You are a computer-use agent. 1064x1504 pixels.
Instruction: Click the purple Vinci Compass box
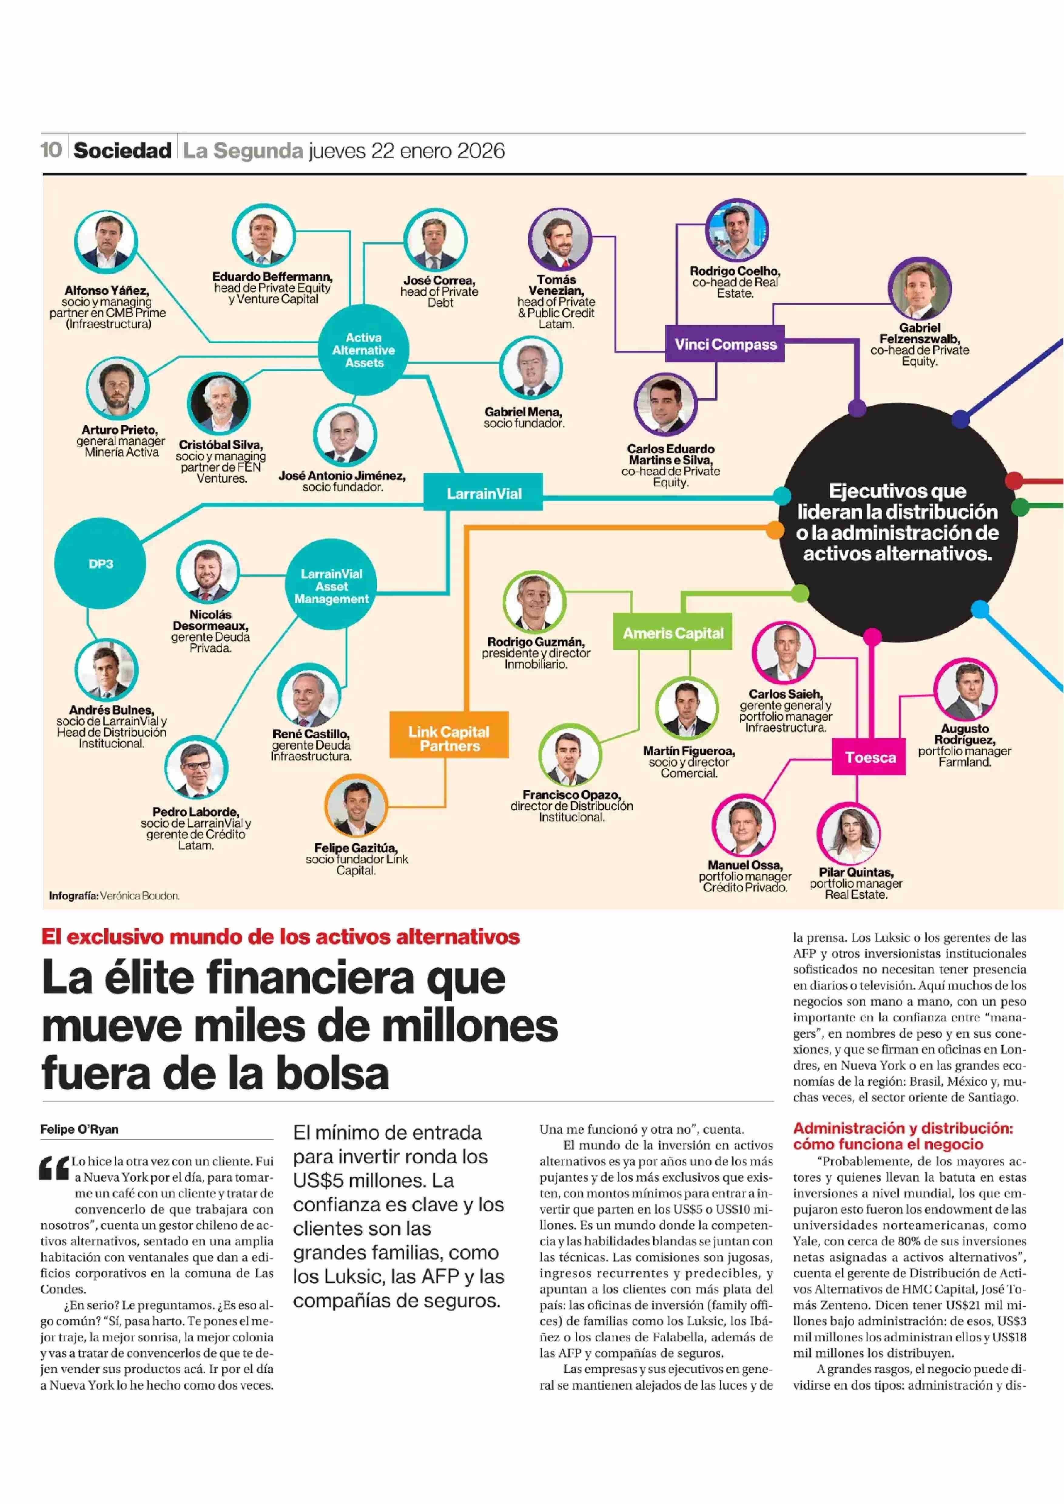(x=725, y=344)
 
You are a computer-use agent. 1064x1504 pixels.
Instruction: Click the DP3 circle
(x=100, y=564)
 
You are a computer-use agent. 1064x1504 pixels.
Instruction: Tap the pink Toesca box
(x=869, y=757)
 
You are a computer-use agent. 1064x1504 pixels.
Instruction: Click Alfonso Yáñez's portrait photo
(x=106, y=242)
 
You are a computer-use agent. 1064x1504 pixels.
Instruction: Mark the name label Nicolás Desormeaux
(x=210, y=620)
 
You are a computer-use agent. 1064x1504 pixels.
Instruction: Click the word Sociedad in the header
(x=123, y=151)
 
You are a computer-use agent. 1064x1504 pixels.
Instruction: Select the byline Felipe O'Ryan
(x=79, y=1129)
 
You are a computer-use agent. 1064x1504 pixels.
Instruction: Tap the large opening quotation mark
(x=54, y=1168)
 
